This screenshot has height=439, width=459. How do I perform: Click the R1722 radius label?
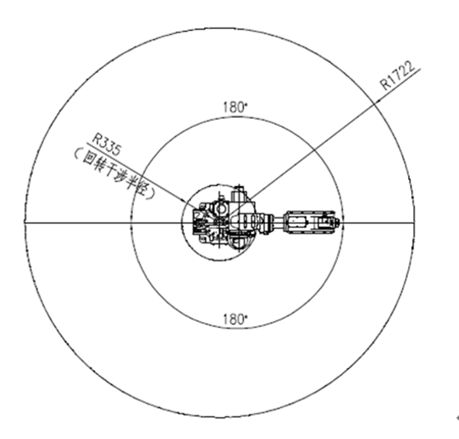(x=397, y=75)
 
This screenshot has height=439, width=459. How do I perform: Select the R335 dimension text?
(x=106, y=145)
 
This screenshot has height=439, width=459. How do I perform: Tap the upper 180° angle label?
(x=235, y=107)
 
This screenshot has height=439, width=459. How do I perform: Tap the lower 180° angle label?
(x=235, y=319)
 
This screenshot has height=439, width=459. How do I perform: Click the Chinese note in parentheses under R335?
(x=115, y=173)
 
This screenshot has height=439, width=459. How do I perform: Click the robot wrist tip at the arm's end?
(x=336, y=222)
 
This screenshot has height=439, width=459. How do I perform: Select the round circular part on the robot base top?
(x=221, y=208)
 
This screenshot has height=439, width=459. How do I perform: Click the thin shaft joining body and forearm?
(x=278, y=222)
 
